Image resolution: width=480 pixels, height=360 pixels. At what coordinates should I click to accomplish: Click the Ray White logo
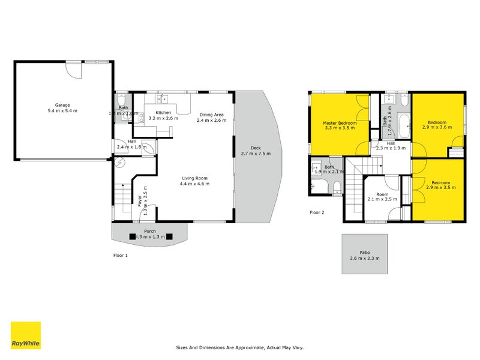26,335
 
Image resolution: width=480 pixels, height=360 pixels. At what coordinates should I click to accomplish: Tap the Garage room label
62,104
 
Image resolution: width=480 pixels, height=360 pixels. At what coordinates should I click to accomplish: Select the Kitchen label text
163,113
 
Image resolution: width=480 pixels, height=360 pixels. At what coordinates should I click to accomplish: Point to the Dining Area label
212,115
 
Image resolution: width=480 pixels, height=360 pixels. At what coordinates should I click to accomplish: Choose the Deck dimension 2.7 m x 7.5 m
256,154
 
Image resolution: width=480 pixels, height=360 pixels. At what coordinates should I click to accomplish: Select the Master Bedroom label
340,123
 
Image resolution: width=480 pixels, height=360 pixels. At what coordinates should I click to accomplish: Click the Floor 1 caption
121,255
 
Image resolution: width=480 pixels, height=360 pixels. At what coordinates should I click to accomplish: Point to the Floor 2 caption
317,212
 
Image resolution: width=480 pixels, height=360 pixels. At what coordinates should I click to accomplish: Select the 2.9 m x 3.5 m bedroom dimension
440,187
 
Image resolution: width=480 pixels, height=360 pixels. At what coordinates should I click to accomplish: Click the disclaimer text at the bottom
239,347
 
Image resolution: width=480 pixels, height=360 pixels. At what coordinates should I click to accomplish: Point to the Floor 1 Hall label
131,142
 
